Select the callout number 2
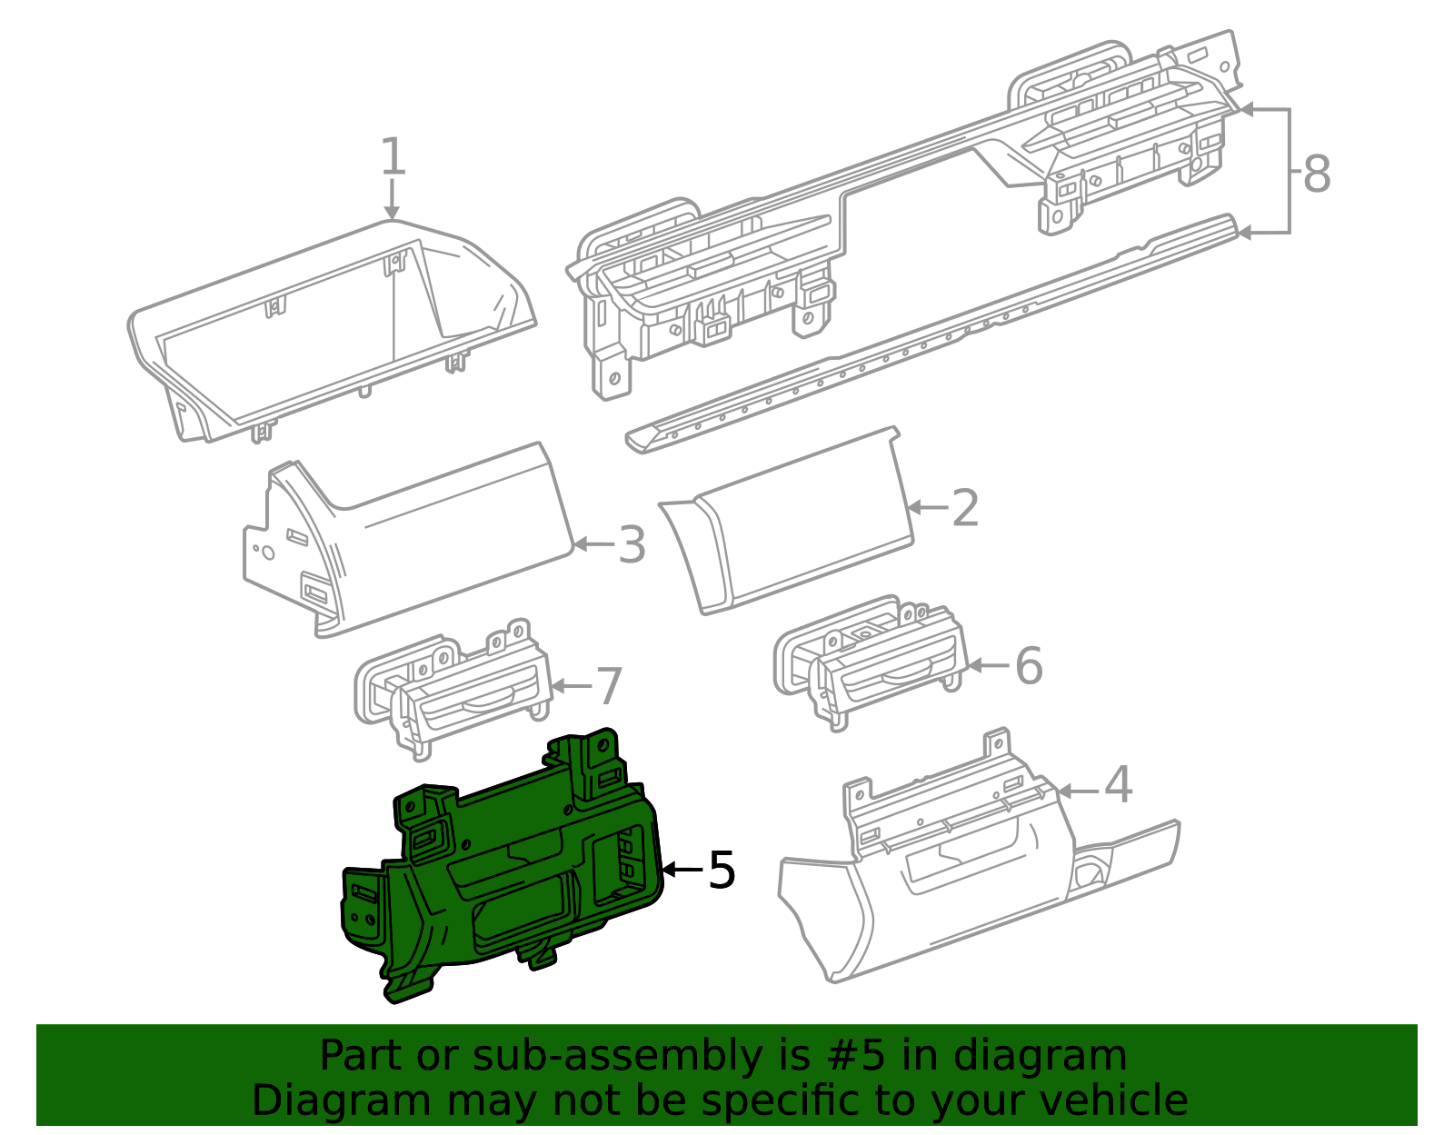tap(965, 508)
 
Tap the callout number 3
tap(632, 544)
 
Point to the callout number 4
tap(1118, 785)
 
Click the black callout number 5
tap(722, 870)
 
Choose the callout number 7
tap(609, 686)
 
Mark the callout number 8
tap(1317, 174)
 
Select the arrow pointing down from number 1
tap(392, 199)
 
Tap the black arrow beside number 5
tap(682, 870)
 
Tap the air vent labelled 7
tap(453, 689)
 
